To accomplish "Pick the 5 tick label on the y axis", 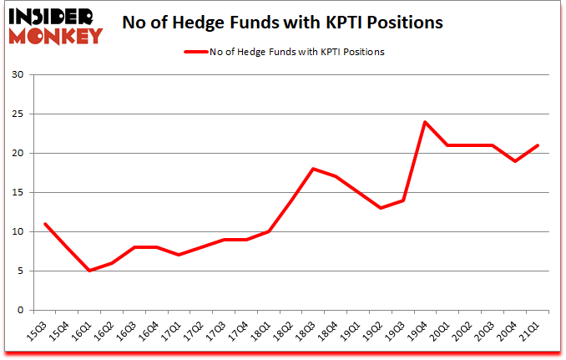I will (20, 271).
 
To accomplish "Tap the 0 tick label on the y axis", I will (20, 311).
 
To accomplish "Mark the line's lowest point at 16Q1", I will (88, 271).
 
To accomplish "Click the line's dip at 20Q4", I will (516, 161).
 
